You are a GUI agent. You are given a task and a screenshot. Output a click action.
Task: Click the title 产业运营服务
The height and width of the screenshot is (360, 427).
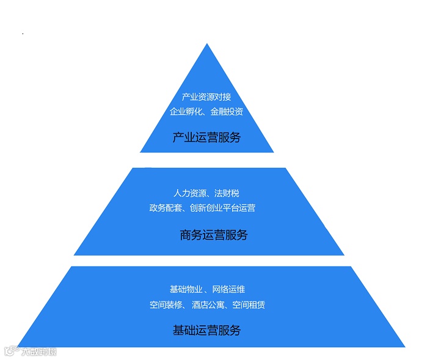coord(206,137)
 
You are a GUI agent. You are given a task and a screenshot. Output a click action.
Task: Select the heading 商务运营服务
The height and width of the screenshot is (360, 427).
coord(214,234)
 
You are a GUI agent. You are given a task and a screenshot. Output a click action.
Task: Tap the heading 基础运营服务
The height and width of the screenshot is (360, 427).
coord(206,331)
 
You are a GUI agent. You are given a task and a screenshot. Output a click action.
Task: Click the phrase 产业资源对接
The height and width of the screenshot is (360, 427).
coord(206,97)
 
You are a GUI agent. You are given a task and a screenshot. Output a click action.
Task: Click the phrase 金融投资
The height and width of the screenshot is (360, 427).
coord(227,112)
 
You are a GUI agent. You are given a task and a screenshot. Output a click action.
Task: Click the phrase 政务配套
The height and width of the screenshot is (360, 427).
coord(163,208)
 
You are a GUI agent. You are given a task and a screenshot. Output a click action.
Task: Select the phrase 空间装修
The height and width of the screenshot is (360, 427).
coord(166,304)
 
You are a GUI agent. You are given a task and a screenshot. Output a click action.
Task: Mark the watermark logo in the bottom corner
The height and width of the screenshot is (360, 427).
coord(30,351)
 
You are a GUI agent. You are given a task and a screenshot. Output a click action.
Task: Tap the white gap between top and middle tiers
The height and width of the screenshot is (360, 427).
coord(208,160)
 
